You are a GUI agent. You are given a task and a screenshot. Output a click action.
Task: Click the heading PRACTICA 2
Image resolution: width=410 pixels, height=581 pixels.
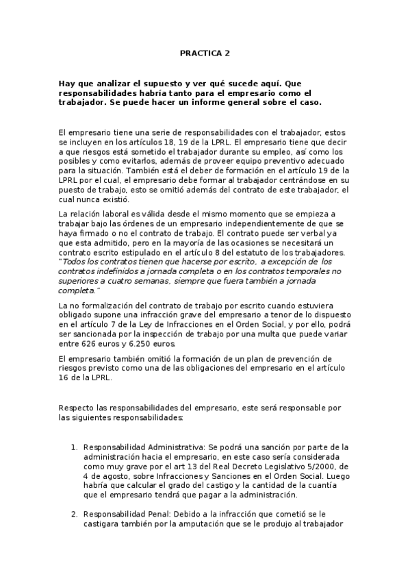coord(205,52)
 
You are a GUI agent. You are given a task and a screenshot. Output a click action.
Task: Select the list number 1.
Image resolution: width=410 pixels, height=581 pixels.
coord(75,447)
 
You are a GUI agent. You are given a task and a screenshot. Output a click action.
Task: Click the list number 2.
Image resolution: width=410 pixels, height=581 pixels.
coord(75,514)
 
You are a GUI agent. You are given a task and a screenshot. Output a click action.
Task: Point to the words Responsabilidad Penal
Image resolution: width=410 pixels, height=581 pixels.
coord(118,514)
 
